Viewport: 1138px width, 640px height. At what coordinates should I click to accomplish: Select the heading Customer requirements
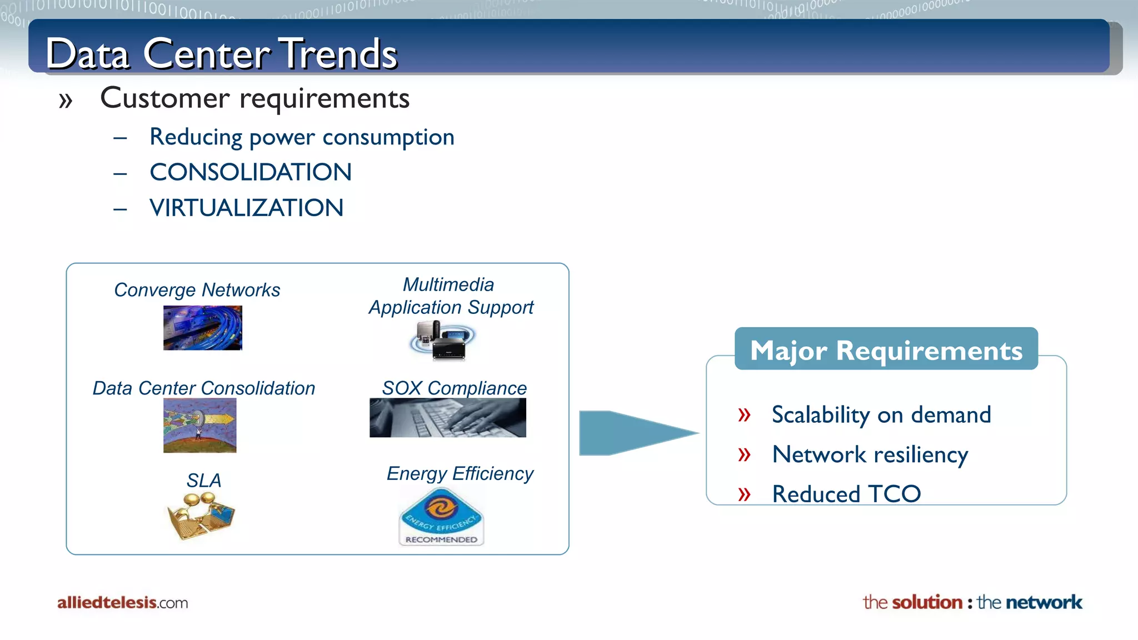pos(254,98)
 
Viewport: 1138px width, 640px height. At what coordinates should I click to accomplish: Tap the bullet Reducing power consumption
pos(302,137)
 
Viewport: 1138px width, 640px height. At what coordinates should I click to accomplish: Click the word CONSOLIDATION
pos(251,172)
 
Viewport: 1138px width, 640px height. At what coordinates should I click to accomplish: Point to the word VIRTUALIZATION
pos(246,208)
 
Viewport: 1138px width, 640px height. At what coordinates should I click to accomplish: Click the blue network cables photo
pos(202,328)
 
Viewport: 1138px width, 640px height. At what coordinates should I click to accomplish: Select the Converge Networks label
pos(197,290)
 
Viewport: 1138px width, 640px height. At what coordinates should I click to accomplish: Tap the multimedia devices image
pos(442,341)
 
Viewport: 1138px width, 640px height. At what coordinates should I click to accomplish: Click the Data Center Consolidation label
pos(203,388)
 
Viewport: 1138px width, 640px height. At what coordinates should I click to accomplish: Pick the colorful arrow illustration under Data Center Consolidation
pos(199,426)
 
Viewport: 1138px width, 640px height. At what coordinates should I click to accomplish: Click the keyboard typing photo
pos(447,418)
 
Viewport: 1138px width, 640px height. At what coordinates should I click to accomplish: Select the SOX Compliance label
pos(454,388)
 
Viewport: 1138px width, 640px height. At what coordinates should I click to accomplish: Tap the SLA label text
pos(203,481)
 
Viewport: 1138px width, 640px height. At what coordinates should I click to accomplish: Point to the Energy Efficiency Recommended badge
pos(441,517)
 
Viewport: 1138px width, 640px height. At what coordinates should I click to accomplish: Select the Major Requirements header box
pos(886,349)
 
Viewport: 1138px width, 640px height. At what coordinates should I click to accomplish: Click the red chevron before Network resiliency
pos(744,454)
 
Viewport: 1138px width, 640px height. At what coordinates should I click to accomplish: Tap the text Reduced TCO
pos(846,494)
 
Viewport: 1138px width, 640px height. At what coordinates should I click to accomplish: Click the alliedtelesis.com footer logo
pos(122,602)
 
